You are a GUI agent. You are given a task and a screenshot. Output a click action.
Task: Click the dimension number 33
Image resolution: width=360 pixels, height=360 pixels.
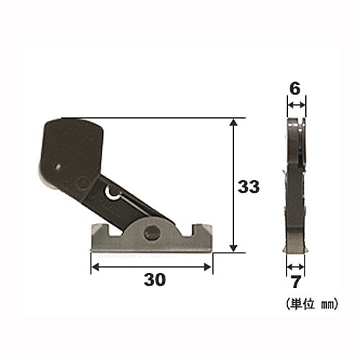248,186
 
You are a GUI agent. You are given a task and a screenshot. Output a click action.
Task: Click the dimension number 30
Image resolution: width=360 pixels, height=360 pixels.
155,279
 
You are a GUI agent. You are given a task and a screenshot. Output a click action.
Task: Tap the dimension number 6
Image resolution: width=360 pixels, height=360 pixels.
295,89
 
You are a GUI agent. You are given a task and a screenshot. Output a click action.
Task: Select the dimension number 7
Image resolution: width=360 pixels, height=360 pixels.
296,282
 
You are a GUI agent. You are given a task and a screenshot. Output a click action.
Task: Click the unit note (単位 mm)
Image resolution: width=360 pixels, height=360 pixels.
312,304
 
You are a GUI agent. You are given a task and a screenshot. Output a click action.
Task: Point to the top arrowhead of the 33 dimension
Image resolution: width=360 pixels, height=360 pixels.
233,122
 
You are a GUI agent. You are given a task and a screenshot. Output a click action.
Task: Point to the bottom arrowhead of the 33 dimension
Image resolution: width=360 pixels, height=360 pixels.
233,248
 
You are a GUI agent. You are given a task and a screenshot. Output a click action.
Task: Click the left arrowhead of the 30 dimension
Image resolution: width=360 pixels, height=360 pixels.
95,266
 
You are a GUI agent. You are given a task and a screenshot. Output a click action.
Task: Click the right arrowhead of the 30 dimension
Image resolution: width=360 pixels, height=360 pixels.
207,266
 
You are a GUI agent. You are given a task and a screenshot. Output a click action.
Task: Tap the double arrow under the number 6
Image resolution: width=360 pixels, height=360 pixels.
297,105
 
